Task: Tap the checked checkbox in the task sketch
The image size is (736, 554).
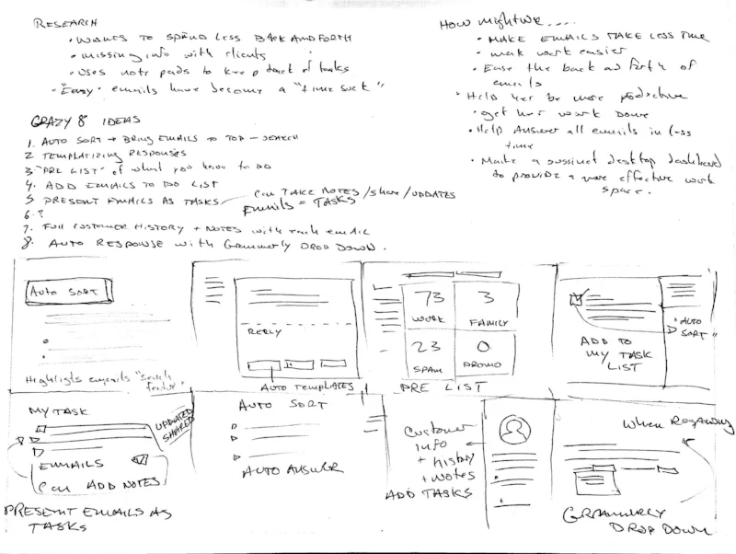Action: tap(577, 297)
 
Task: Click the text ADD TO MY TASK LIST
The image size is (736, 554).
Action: tap(607, 353)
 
